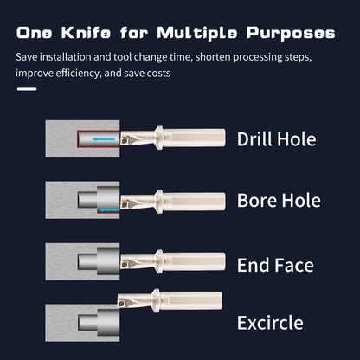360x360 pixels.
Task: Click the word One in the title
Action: pos(36,34)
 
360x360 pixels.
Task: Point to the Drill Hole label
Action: pos(277,138)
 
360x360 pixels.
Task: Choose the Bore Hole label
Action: pos(279,201)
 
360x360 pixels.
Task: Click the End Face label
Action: pos(275,264)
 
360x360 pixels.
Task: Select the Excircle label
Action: pos(270,324)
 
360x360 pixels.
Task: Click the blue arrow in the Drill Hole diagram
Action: pos(106,138)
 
